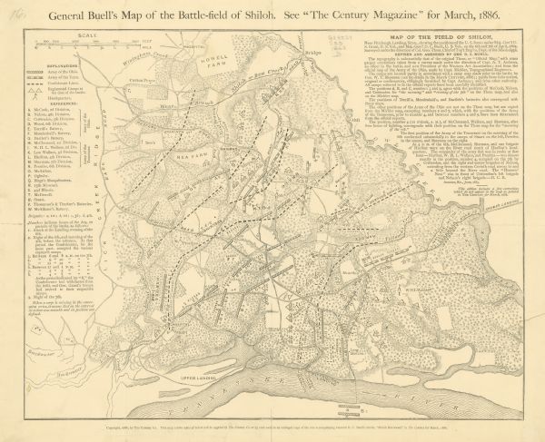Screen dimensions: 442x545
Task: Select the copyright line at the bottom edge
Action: pos(272,432)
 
